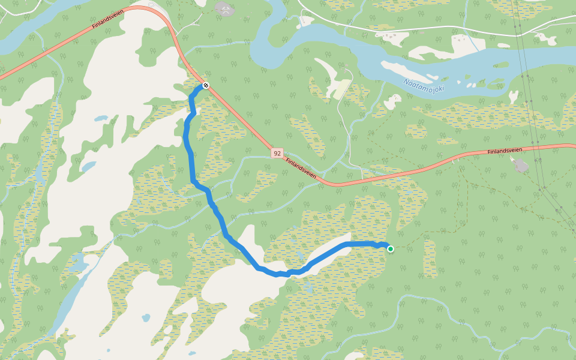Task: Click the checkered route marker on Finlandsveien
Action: (206, 86)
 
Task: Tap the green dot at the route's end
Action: (391, 248)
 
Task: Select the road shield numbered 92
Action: (277, 153)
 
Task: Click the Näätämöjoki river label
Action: (424, 86)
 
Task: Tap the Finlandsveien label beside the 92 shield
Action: (301, 167)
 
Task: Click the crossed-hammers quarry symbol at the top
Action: (224, 8)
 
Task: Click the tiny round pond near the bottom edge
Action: (146, 317)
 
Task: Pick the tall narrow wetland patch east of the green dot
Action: (430, 258)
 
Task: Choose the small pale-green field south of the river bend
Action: (340, 89)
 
